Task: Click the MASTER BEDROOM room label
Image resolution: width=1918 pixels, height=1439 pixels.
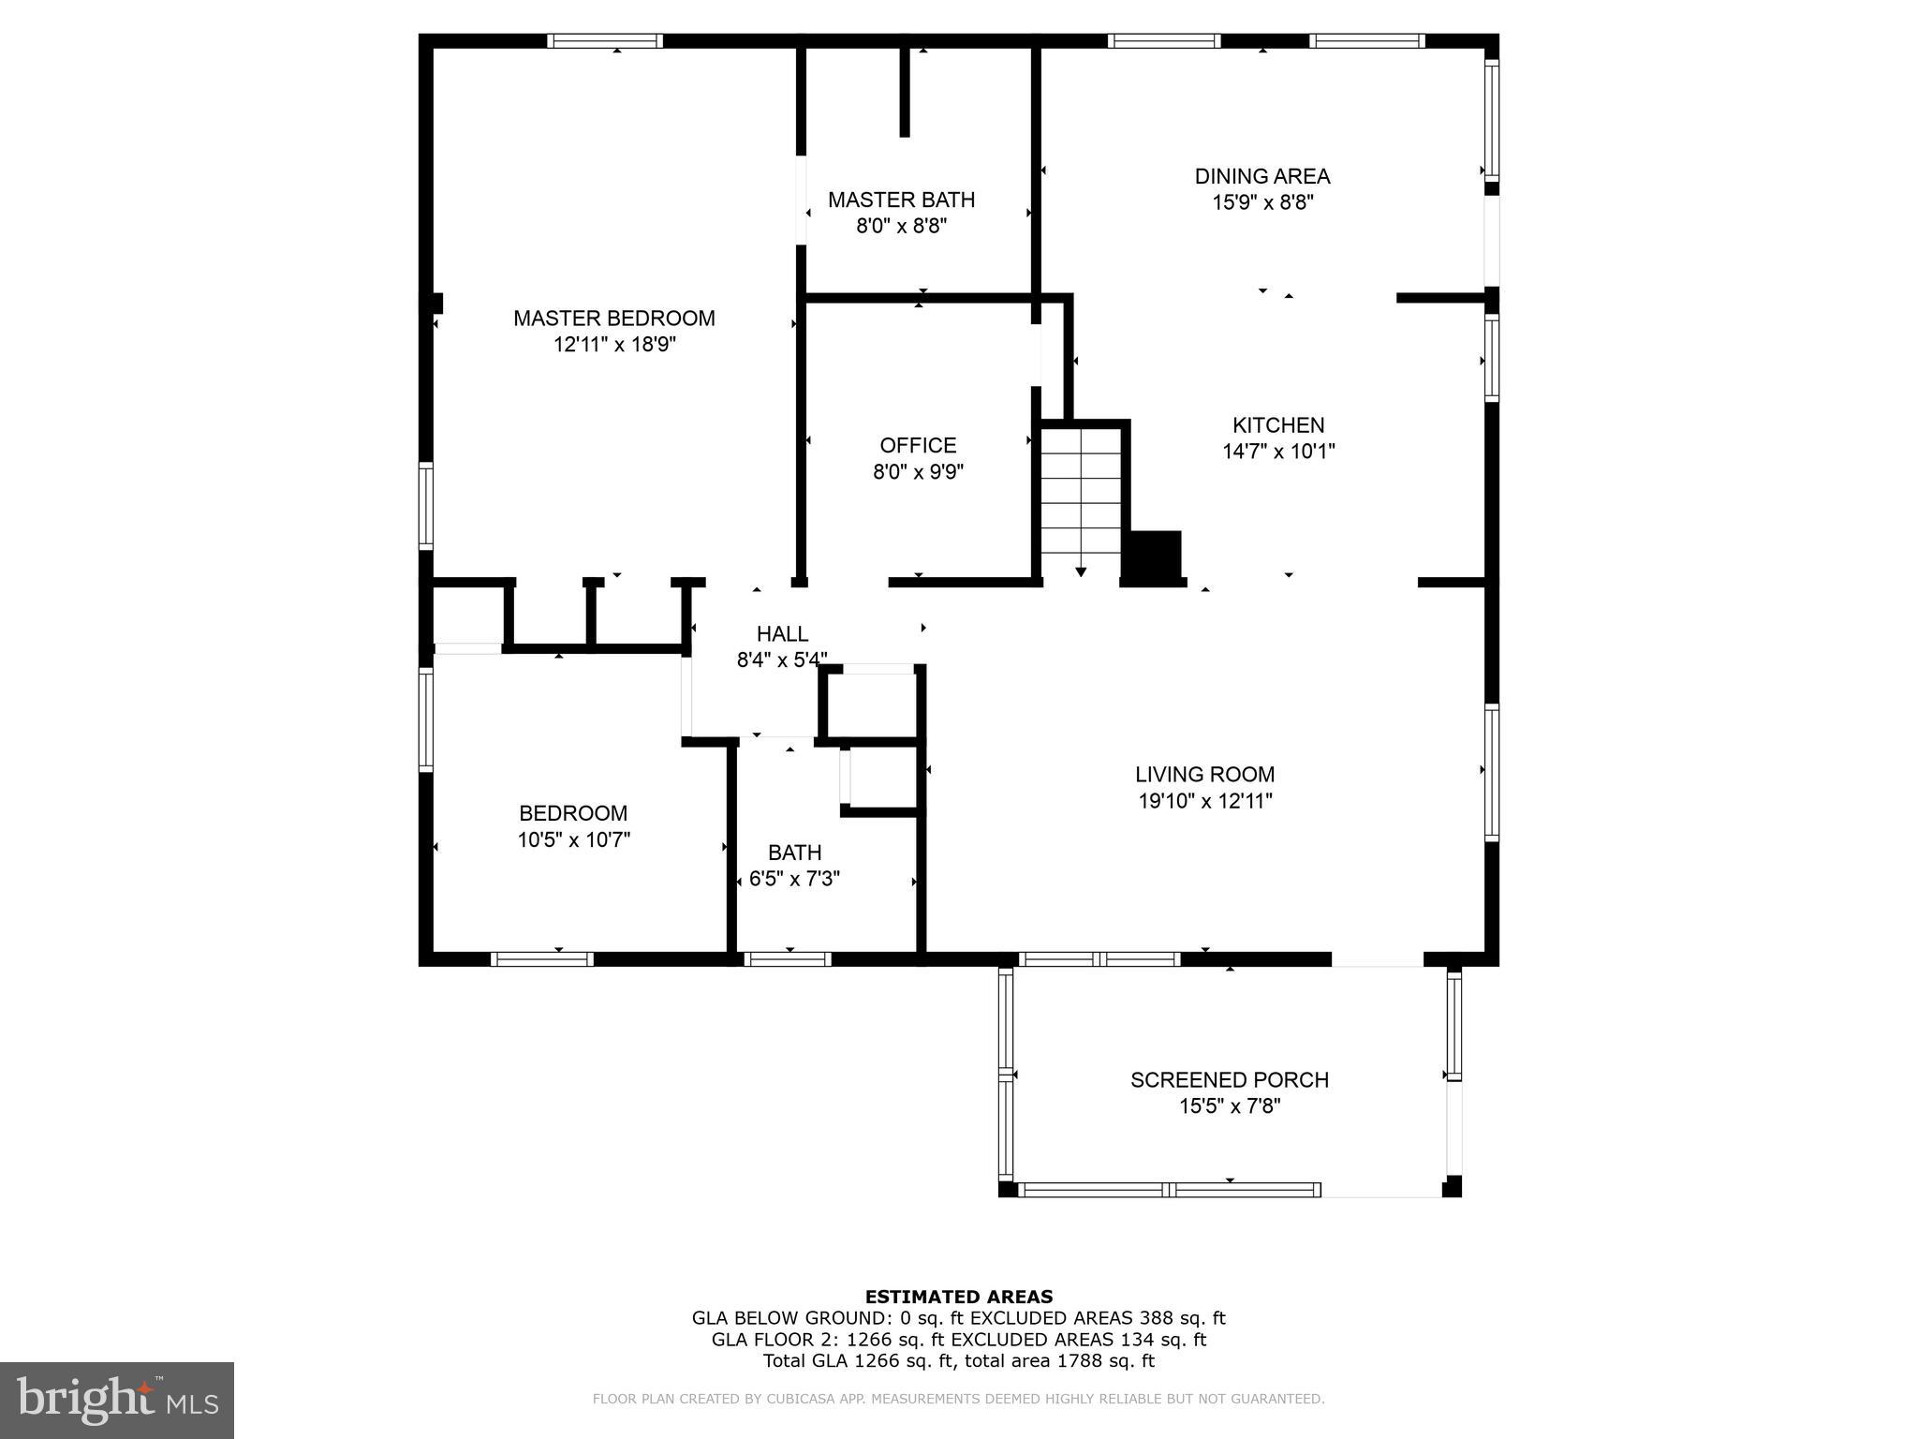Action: coord(613,319)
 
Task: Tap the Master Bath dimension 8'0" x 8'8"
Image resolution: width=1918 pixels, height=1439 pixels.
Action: coord(901,226)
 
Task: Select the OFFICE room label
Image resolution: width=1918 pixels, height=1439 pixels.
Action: coord(918,445)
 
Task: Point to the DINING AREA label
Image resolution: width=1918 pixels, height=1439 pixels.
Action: coord(1261,176)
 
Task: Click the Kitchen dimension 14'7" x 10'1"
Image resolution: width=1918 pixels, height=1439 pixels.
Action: coord(1278,452)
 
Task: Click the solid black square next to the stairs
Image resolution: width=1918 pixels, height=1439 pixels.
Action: coord(1152,557)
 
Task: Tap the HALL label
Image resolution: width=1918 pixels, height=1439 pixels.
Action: coord(782,634)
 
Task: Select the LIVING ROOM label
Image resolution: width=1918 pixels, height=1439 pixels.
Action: coord(1204,775)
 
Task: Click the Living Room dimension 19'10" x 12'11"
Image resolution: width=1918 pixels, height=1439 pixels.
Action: coord(1204,801)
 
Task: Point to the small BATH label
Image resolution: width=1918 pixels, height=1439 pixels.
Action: coord(794,853)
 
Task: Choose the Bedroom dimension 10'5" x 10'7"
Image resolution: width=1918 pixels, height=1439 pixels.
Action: coord(573,840)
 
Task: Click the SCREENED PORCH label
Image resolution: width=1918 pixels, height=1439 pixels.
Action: coord(1229,1080)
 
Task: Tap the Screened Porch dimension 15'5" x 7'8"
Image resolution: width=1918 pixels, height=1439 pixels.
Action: coord(1229,1106)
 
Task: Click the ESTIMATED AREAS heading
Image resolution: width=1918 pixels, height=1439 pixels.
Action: coord(958,1297)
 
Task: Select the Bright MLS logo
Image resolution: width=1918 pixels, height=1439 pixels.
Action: coord(116,1401)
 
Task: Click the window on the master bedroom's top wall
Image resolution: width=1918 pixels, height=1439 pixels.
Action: coord(605,41)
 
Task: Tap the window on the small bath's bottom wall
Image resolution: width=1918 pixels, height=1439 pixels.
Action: coord(787,959)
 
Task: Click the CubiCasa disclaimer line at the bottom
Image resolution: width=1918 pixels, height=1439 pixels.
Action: coord(958,1399)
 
